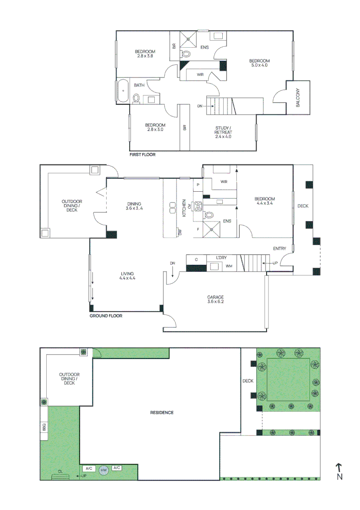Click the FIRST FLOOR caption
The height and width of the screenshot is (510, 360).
142,154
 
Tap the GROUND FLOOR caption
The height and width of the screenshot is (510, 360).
106,315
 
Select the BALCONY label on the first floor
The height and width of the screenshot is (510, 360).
298,98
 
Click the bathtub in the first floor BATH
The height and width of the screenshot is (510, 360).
123,91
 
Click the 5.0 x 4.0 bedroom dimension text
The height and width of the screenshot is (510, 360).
259,66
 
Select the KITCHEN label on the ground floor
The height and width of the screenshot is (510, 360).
184,209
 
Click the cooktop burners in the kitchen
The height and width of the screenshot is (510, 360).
198,205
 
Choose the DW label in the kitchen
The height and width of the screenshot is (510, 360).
180,232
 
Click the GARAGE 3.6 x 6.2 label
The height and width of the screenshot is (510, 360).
215,299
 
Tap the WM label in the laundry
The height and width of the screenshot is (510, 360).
229,267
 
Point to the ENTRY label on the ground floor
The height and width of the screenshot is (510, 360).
279,248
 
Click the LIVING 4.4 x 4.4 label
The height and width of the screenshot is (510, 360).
127,276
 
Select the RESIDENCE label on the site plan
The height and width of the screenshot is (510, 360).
162,412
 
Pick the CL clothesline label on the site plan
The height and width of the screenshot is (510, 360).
60,471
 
